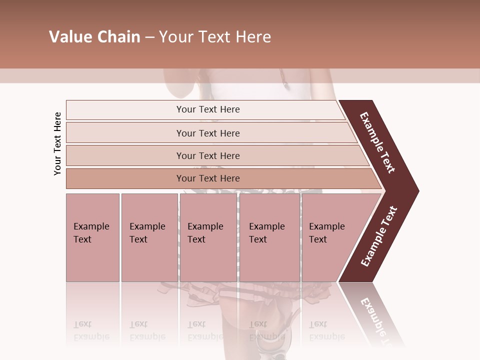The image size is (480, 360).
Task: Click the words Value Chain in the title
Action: [x=94, y=37]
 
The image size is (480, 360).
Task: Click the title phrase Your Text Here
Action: [x=215, y=37]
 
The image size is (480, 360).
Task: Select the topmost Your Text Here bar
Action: [x=208, y=109]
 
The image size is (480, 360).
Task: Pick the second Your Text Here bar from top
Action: [x=208, y=133]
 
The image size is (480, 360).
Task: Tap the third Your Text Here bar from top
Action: [x=208, y=155]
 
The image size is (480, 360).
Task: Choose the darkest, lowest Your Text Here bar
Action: [x=208, y=178]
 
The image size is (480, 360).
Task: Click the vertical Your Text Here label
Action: [x=57, y=143]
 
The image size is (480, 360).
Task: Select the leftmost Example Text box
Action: [x=92, y=237]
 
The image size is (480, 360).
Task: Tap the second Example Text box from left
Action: [x=149, y=237]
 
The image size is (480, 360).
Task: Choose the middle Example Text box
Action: [x=208, y=237]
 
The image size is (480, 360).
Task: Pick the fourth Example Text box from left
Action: [x=269, y=237]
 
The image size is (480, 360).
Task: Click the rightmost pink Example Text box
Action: [x=330, y=237]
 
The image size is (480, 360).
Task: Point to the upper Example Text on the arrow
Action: [x=377, y=142]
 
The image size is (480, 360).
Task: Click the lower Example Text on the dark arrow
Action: [x=379, y=236]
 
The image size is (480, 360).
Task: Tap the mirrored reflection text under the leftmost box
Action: [x=91, y=330]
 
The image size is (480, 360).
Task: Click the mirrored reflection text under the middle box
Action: [x=205, y=330]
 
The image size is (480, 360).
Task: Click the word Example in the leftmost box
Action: [x=91, y=226]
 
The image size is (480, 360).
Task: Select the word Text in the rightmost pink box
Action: [x=318, y=239]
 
